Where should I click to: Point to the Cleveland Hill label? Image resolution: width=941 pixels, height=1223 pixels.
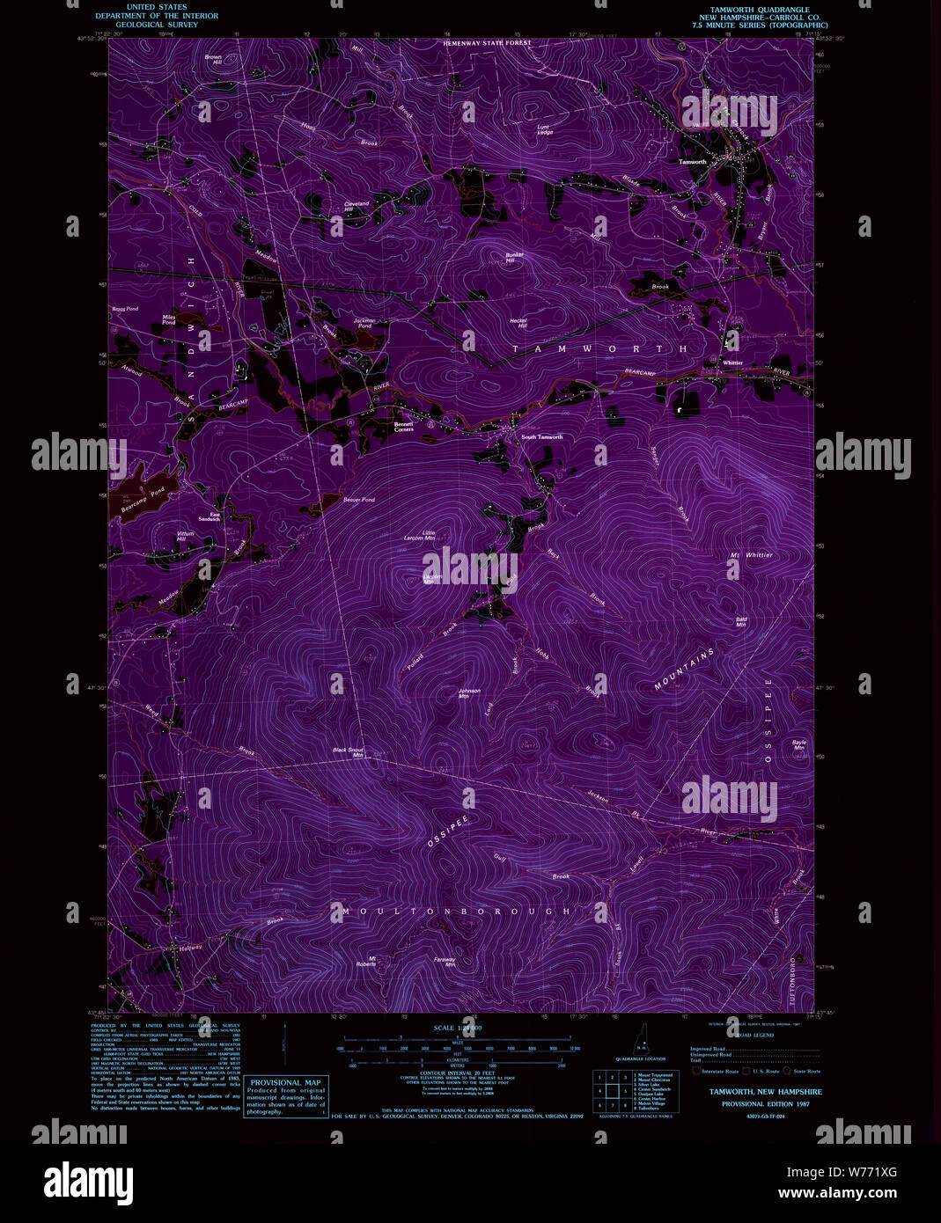[357, 206]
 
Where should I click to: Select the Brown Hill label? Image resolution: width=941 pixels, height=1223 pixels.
[213, 60]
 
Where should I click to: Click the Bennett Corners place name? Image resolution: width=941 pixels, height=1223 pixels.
[404, 426]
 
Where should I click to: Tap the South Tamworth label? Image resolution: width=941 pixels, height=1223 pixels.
[541, 437]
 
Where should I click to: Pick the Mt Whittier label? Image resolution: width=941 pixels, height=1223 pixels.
[751, 555]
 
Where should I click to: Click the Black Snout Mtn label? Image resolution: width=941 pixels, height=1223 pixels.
[349, 752]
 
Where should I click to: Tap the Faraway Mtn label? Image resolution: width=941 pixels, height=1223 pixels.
[445, 962]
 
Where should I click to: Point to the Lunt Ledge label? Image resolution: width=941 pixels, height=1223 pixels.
[545, 129]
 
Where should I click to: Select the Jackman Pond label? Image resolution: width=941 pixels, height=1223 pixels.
[364, 323]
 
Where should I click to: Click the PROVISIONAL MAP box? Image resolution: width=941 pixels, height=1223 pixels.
[285, 1097]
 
